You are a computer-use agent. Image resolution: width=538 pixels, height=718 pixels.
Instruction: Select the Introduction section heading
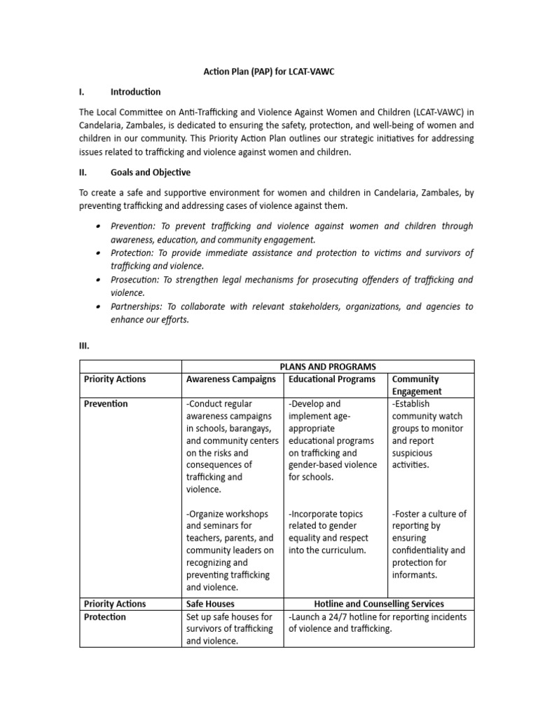click(135, 92)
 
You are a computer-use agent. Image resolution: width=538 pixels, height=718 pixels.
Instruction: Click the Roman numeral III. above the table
click(84, 346)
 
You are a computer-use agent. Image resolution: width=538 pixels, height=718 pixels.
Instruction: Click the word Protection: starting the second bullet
click(133, 253)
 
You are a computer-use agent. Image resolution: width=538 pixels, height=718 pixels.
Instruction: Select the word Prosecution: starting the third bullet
click(135, 280)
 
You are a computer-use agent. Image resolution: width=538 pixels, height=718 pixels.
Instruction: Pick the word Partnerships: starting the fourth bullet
click(137, 306)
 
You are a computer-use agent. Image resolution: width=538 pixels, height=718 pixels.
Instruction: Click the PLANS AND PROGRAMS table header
click(328, 367)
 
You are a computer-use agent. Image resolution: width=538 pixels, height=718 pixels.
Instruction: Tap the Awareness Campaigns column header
click(230, 379)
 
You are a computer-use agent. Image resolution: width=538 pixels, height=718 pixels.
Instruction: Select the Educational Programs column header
click(331, 379)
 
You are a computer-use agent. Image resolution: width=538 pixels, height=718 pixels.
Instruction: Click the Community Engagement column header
click(417, 386)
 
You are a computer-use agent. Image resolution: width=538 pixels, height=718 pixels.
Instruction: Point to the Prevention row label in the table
click(105, 404)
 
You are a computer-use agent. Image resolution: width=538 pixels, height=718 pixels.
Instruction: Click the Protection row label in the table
click(104, 617)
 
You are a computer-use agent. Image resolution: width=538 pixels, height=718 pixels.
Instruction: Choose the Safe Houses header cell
click(210, 604)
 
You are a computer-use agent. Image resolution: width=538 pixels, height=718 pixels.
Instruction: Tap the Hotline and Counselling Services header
click(379, 604)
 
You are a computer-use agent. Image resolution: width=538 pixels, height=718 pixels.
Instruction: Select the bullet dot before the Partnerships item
click(96, 306)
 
